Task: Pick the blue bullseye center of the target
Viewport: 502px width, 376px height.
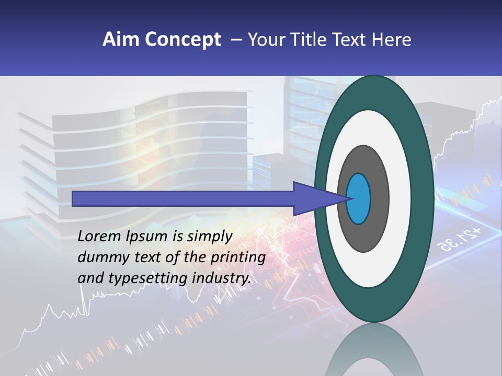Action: point(358,198)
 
